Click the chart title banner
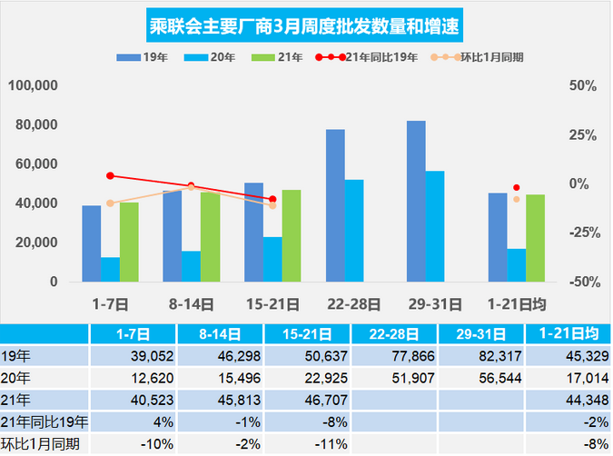click(306, 25)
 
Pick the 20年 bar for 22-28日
click(354, 231)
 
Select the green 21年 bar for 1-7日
click(129, 242)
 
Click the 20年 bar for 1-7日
click(111, 269)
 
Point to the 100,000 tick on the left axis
click(34, 85)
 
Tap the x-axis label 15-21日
click(272, 302)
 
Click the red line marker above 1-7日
click(110, 175)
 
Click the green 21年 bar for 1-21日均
click(535, 238)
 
